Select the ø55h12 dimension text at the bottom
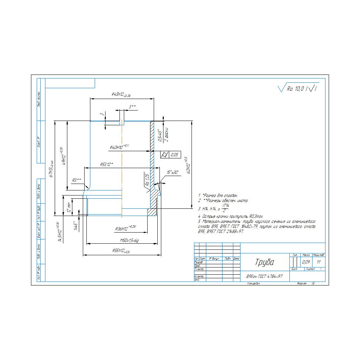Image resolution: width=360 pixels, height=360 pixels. click(121, 251)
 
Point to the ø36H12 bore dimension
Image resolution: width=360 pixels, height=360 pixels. click(125, 228)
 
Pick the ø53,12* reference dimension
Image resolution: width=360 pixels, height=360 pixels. click(107, 165)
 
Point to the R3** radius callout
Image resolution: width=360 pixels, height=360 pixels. click(76, 180)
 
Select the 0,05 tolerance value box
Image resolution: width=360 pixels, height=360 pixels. click(175, 155)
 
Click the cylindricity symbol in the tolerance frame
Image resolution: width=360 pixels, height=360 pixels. click(165, 155)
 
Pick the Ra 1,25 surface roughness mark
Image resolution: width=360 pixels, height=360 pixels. click(147, 180)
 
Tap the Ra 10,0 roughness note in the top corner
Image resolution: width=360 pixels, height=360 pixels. click(299, 89)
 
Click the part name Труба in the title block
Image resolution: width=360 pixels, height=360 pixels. click(265, 262)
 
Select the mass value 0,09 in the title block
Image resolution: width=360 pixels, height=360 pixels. click(306, 262)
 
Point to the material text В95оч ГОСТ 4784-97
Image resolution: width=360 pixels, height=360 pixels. click(264, 276)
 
